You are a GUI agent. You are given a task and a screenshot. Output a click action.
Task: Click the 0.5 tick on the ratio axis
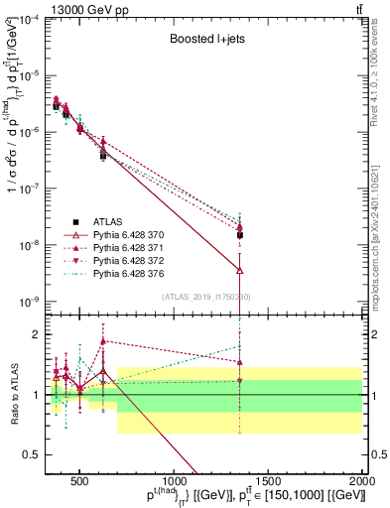click(x=37, y=454)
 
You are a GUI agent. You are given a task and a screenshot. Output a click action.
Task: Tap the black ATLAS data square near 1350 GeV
click(x=240, y=235)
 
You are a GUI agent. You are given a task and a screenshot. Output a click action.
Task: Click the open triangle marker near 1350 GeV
click(x=240, y=269)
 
